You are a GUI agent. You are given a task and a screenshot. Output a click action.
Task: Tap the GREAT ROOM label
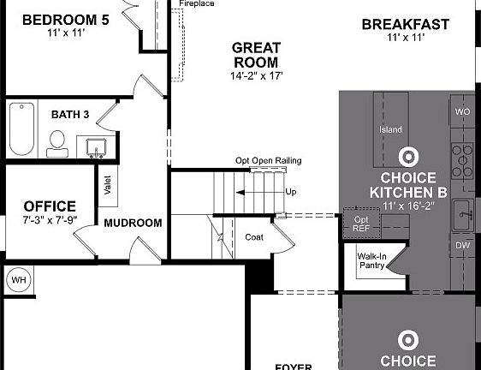(256, 56)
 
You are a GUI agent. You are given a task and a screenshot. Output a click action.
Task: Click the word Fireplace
(196, 4)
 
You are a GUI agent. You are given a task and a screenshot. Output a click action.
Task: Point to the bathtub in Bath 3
(21, 128)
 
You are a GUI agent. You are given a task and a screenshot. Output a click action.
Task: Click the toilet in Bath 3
(58, 142)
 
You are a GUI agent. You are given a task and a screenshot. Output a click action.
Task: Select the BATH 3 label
(69, 114)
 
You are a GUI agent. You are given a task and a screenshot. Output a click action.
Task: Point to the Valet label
(108, 185)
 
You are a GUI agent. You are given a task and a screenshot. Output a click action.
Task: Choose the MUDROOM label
(133, 223)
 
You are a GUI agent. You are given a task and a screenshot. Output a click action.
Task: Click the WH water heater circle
(18, 279)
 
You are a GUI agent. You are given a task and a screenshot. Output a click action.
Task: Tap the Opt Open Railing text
(269, 161)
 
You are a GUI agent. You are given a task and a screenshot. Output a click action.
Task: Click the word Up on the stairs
(291, 192)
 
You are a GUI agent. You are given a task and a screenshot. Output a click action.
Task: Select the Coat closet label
(254, 237)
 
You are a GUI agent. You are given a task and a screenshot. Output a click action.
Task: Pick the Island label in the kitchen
(390, 130)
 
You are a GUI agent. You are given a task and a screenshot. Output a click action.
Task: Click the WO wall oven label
(463, 112)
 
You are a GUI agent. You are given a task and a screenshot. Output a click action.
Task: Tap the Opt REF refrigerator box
(361, 224)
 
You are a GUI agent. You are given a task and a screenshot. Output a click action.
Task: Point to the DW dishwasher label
(463, 246)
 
